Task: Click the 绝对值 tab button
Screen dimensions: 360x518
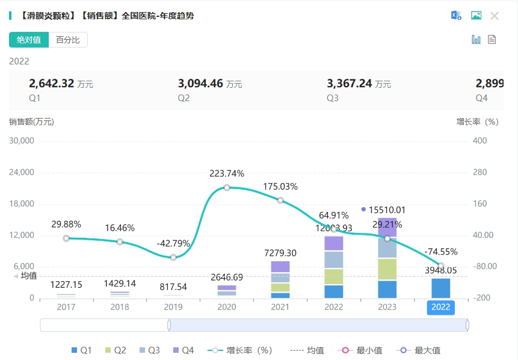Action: pyautogui.click(x=29, y=40)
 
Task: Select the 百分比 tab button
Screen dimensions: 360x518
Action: pyautogui.click(x=68, y=40)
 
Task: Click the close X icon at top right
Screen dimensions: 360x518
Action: pyautogui.click(x=495, y=16)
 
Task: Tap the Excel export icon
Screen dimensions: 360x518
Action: pyautogui.click(x=457, y=16)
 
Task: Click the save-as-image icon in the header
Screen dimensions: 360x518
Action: pyautogui.click(x=476, y=16)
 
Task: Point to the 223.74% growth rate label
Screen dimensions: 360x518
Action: pyautogui.click(x=227, y=173)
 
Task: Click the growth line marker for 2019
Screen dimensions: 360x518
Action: pyautogui.click(x=173, y=257)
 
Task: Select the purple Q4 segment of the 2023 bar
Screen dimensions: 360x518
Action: pyautogui.click(x=387, y=227)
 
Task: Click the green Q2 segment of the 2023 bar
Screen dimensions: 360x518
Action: pyautogui.click(x=387, y=269)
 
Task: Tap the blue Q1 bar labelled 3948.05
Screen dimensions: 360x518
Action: pyautogui.click(x=440, y=288)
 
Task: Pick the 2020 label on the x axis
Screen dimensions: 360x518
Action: pyautogui.click(x=227, y=307)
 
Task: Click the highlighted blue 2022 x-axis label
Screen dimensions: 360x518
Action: pyautogui.click(x=440, y=307)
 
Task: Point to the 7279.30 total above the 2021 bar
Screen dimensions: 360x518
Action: pyautogui.click(x=280, y=253)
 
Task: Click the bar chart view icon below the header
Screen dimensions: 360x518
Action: pyautogui.click(x=476, y=40)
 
